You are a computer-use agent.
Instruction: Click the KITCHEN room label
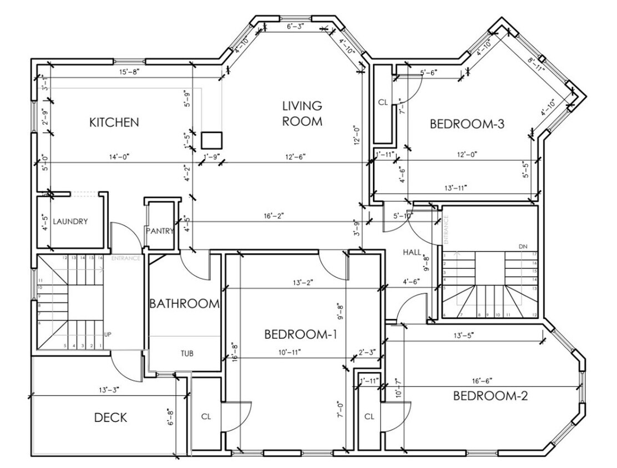[x=114, y=123]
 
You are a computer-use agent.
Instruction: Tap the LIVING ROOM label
[x=302, y=114]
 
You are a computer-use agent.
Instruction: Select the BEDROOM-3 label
[x=467, y=124]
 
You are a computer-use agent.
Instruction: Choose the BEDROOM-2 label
[x=490, y=396]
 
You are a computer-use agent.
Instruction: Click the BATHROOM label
[x=184, y=304]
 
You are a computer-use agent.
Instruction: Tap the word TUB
[x=186, y=353]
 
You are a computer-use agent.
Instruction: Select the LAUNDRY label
[x=70, y=222]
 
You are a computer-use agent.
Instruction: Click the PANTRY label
[x=160, y=231]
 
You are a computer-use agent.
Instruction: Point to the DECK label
[x=110, y=418]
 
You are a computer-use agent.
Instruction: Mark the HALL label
[x=412, y=252]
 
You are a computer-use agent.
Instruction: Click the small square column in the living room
[x=211, y=139]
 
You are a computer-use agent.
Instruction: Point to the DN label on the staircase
[x=522, y=246]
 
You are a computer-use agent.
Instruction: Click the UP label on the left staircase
[x=108, y=335]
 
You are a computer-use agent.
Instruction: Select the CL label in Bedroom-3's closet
[x=383, y=103]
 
